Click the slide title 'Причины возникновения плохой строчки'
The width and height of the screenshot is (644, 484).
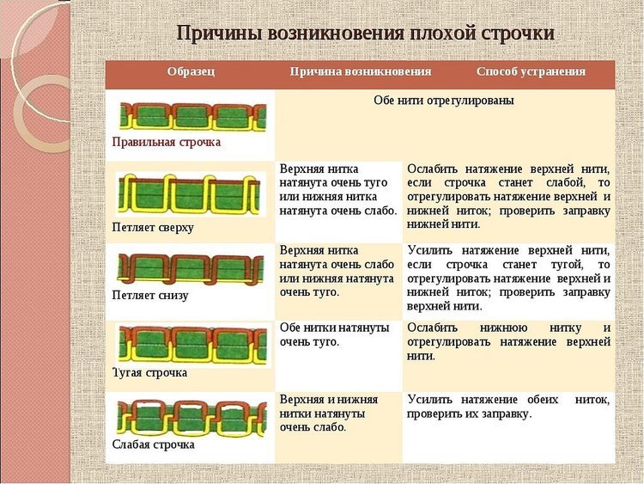[x=366, y=33]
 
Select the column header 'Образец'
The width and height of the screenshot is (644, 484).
[x=191, y=71]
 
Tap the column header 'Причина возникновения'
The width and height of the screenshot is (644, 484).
[x=360, y=71]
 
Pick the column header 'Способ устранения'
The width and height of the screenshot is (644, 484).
[x=531, y=71]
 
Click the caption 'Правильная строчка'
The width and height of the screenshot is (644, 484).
[x=167, y=142]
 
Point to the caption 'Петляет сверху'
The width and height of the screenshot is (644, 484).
[x=153, y=228]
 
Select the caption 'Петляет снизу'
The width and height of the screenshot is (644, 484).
[x=150, y=295]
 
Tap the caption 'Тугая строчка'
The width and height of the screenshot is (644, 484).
[x=150, y=372]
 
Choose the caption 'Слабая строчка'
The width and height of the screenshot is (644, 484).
[x=153, y=444]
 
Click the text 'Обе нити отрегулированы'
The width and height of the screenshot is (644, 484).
[x=444, y=101]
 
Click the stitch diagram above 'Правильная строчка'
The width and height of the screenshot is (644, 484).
[x=192, y=117]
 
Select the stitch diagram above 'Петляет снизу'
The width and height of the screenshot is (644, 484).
[x=191, y=268]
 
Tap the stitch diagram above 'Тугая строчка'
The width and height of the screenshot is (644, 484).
[x=192, y=345]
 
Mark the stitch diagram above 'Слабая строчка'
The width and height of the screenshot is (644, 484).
[x=191, y=418]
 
